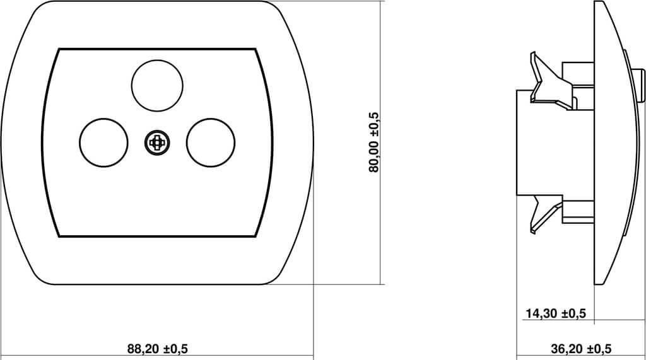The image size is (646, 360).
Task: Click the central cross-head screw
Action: click(x=157, y=143)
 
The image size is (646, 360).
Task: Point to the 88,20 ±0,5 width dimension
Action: click(x=157, y=349)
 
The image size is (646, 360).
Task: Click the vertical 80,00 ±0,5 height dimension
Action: click(x=373, y=142)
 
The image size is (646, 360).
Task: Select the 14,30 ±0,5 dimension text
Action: click(x=555, y=313)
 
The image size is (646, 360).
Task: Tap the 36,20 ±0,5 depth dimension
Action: click(x=581, y=349)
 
